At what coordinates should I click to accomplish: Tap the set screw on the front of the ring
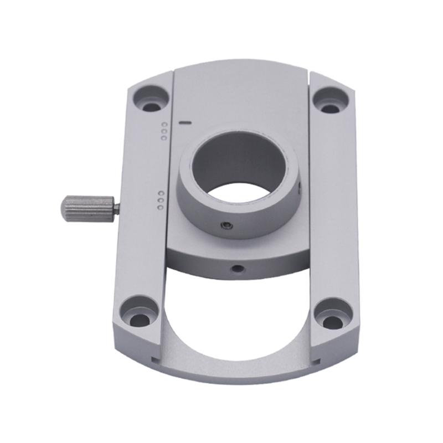pos(224,225)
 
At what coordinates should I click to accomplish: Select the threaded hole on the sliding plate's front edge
pos(237,269)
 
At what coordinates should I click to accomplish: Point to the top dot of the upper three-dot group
pos(163,125)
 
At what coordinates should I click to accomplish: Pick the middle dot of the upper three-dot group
pos(163,131)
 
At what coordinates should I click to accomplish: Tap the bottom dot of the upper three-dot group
pos(163,137)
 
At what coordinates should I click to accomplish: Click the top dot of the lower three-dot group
pos(160,194)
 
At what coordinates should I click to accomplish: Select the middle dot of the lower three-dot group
pos(160,200)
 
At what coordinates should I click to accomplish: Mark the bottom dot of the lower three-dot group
pos(160,207)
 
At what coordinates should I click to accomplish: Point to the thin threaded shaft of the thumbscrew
pos(116,208)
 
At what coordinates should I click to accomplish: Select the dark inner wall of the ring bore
pos(238,161)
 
